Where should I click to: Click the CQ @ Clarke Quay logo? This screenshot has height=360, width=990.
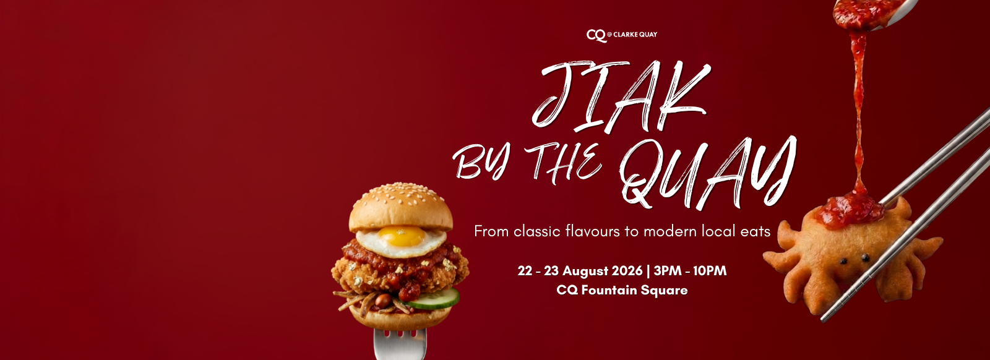click(621, 35)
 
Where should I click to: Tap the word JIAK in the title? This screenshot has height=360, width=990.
click(621, 97)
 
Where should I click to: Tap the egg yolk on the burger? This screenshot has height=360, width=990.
click(402, 236)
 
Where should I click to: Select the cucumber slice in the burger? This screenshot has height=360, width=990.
click(433, 299)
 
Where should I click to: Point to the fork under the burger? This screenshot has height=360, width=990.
click(400, 344)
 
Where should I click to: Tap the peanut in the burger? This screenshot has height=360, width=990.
click(383, 301)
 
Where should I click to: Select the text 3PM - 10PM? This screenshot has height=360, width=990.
click(690, 271)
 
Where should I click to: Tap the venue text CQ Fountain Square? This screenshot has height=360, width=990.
click(622, 290)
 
